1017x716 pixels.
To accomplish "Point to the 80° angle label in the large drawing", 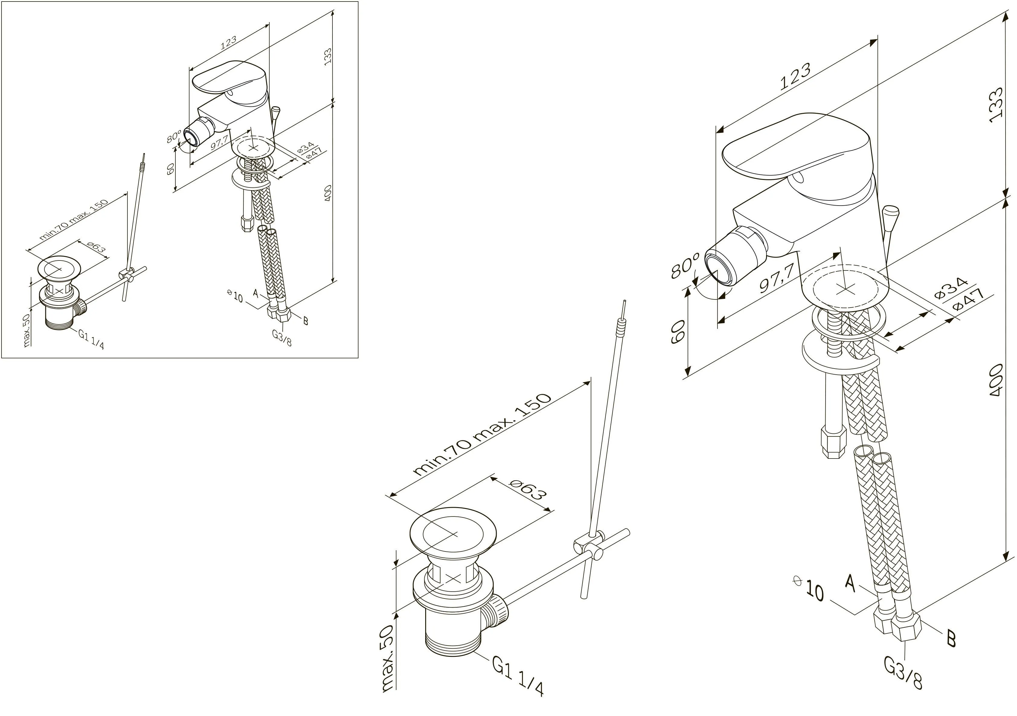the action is coord(685,265).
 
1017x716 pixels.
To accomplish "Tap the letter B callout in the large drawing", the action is coord(951,639).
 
